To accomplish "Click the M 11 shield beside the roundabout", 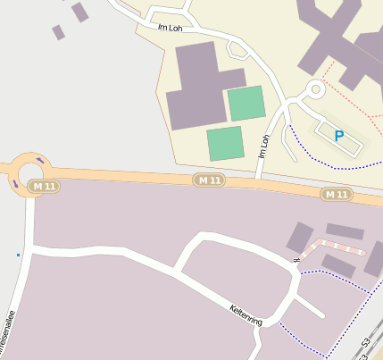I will click(x=41, y=186).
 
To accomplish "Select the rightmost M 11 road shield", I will click(x=337, y=194).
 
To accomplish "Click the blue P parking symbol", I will click(x=338, y=136).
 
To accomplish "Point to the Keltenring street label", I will click(x=246, y=316).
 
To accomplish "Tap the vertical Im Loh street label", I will click(x=263, y=147).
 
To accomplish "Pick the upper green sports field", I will click(x=246, y=103).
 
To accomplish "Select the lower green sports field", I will click(x=225, y=143).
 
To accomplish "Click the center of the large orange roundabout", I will click(x=29, y=172).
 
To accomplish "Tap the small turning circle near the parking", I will click(x=314, y=89).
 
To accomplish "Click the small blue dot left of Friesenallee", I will click(x=18, y=255).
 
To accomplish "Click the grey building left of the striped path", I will click(x=298, y=238).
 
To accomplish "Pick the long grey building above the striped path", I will click(x=345, y=231).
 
